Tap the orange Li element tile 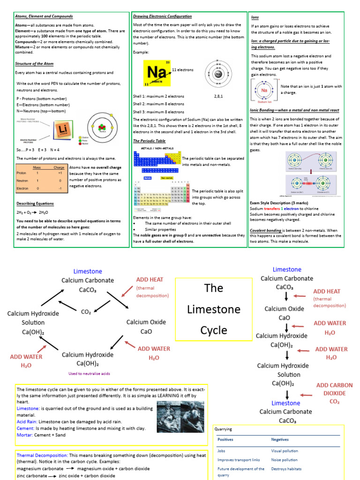point(62,129)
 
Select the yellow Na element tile point(157,73)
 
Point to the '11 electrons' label point(182,70)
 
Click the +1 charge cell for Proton point(60,172)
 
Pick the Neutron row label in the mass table point(23,180)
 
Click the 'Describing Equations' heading point(35,203)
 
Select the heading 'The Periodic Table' point(149,141)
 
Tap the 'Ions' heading point(255,17)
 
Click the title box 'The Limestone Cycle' point(214,309)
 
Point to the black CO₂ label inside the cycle point(86,312)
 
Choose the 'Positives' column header point(225,440)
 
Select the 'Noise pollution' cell point(284,460)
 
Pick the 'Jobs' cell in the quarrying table point(222,451)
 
